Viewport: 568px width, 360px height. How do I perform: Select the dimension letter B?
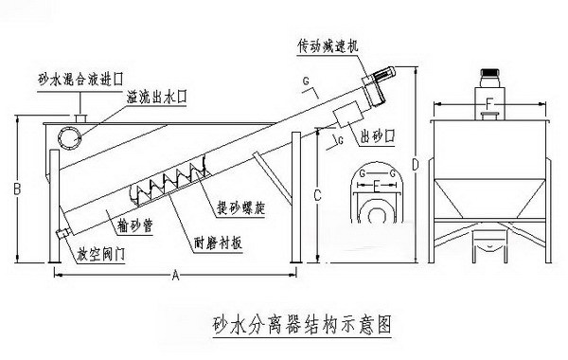coord(16,189)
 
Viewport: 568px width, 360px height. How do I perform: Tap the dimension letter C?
coord(319,197)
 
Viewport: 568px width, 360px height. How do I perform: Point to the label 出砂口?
coord(376,137)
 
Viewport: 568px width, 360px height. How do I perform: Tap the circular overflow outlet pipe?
coord(68,136)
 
